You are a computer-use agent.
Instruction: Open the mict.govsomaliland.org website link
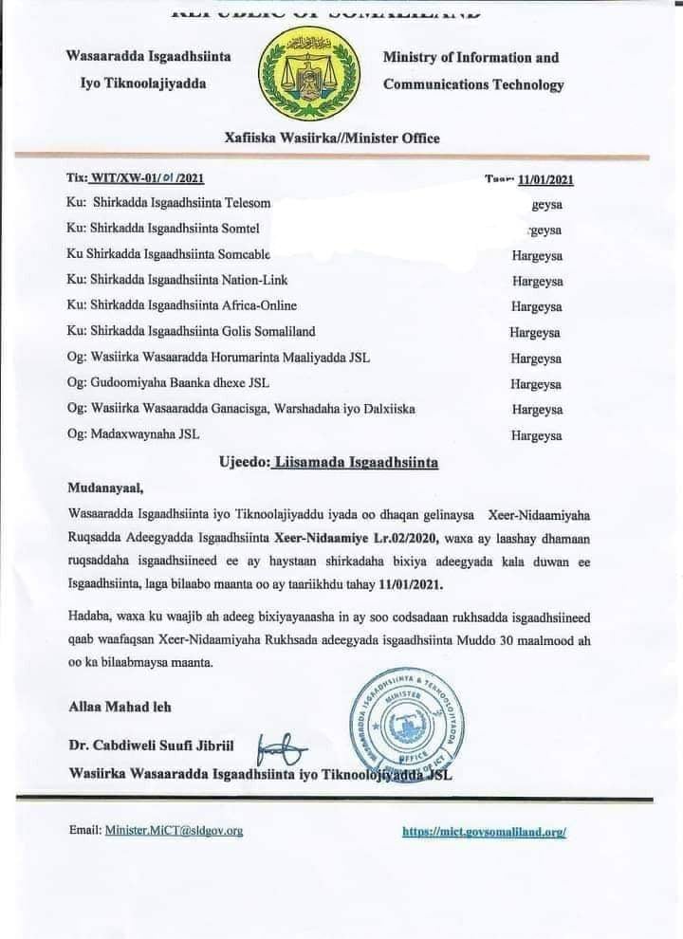[x=484, y=831]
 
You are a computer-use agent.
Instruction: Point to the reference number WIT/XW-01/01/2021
[x=147, y=177]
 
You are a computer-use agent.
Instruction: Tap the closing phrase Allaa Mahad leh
[x=120, y=707]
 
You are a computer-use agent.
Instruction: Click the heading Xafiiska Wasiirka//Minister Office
[x=332, y=138]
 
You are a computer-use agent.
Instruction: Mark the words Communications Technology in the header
[x=472, y=84]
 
